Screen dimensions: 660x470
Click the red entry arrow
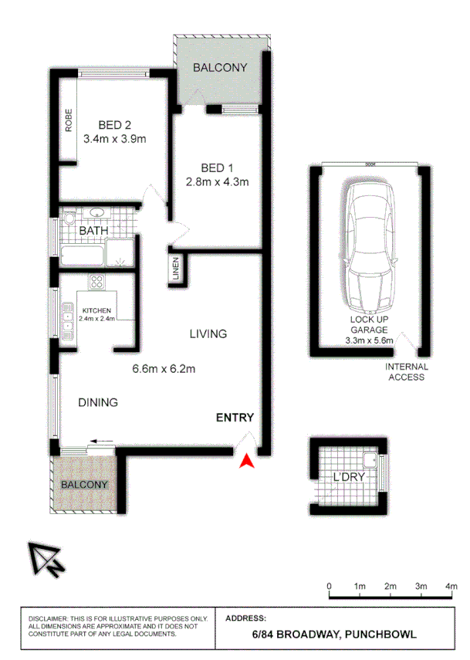point(246,461)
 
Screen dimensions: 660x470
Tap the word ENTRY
point(235,418)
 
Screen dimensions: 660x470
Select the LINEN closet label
point(176,270)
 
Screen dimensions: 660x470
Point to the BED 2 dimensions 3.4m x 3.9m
point(115,140)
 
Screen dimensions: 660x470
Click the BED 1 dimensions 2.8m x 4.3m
point(217,182)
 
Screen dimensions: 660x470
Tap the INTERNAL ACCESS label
point(405,373)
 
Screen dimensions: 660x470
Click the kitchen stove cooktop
point(97,283)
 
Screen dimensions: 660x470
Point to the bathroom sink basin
point(98,214)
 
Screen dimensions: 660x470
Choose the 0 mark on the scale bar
point(330,587)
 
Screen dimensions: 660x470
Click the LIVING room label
point(208,334)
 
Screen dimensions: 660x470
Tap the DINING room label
point(97,402)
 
